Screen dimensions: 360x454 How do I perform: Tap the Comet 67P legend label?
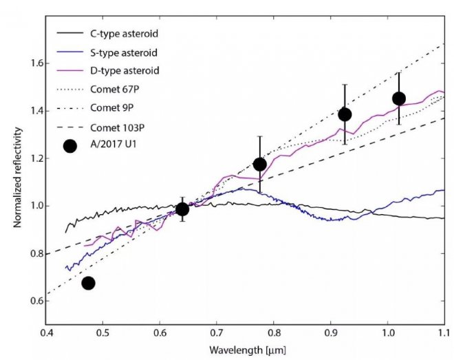click(x=114, y=89)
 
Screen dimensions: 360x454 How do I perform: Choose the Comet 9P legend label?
click(x=111, y=108)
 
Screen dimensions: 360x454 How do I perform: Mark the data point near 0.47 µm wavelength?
click(x=88, y=283)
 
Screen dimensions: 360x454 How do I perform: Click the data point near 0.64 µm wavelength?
click(x=182, y=209)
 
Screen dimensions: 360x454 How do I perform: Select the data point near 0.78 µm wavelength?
click(x=259, y=164)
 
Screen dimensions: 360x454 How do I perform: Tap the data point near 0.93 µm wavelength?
click(x=345, y=114)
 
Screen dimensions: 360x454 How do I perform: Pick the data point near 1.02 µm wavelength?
click(x=398, y=98)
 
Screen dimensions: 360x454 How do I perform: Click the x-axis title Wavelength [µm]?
click(x=245, y=350)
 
